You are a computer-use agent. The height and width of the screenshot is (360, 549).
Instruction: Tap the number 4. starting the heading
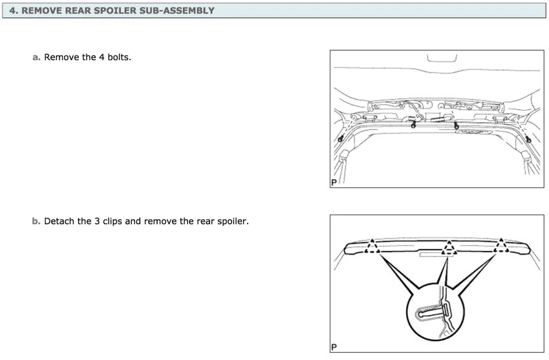point(13,10)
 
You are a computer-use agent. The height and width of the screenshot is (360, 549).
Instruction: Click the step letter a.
point(36,57)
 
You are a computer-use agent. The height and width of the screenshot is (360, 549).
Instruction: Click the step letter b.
point(36,221)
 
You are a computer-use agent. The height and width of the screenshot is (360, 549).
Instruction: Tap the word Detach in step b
point(59,221)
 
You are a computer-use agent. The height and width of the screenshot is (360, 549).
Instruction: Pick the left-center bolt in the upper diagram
point(413,125)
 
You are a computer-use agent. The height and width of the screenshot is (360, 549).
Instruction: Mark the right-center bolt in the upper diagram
point(456,125)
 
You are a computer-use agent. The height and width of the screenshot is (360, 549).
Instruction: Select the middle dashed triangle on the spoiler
point(447,247)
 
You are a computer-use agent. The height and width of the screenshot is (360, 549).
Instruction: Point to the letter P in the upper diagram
point(334,183)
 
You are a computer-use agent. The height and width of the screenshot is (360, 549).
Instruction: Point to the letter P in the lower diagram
point(334,348)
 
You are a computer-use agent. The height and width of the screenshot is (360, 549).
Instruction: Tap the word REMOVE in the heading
point(42,10)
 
